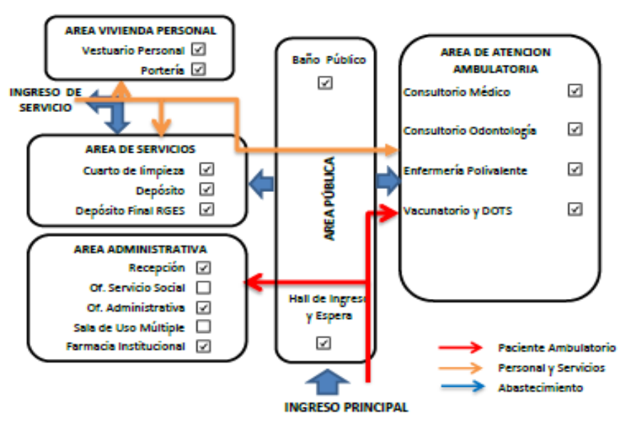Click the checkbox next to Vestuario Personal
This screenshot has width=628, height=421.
point(198,50)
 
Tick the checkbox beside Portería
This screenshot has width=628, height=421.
point(198,69)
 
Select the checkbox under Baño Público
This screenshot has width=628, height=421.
point(325,83)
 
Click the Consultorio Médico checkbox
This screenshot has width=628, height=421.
point(575,91)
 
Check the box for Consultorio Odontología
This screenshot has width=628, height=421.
point(575,129)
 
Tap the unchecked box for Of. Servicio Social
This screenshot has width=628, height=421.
point(203,288)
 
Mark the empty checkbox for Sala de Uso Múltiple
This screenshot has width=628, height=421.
point(203,327)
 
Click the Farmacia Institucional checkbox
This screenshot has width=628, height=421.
point(203,346)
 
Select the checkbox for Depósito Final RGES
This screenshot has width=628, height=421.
point(207,210)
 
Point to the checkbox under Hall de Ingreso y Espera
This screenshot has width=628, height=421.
point(324,343)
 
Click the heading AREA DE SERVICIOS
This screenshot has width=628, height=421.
point(140,149)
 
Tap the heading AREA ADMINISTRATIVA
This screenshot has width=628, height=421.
point(140,250)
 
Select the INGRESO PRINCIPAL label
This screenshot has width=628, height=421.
point(346,407)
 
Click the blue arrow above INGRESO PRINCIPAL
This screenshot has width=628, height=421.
point(326,382)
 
